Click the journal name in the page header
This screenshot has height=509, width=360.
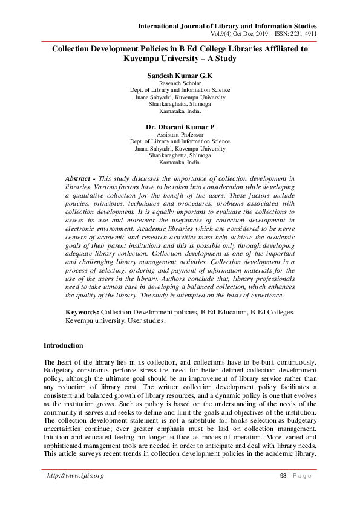click(x=227, y=26)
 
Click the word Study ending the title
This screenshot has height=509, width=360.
click(x=223, y=59)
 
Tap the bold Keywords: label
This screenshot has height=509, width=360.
click(x=82, y=312)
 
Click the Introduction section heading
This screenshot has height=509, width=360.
click(x=64, y=345)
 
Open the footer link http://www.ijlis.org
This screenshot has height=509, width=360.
click(x=76, y=476)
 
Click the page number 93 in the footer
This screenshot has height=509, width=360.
click(x=283, y=476)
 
